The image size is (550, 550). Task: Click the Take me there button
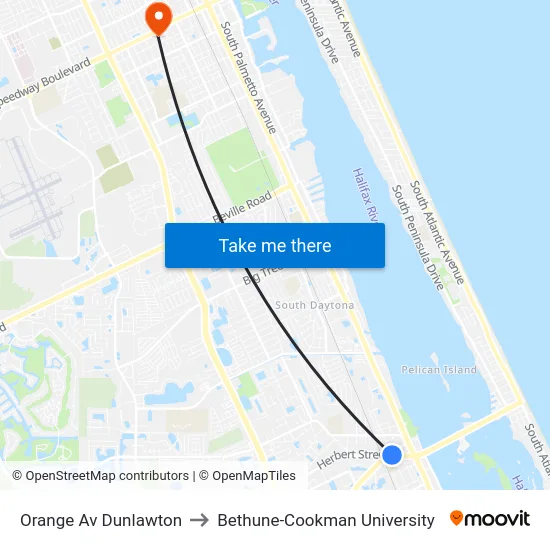[274, 246]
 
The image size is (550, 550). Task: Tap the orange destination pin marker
[158, 16]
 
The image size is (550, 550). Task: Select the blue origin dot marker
[392, 455]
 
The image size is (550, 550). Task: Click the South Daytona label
[314, 305]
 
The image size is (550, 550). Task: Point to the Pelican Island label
[439, 370]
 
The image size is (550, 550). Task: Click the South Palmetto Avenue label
[250, 79]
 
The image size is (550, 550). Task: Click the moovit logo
[490, 519]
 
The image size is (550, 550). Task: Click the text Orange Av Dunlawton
[101, 520]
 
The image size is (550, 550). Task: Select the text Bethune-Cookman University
[326, 520]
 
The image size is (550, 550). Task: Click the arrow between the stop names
[199, 520]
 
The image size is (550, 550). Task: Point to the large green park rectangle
[240, 164]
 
